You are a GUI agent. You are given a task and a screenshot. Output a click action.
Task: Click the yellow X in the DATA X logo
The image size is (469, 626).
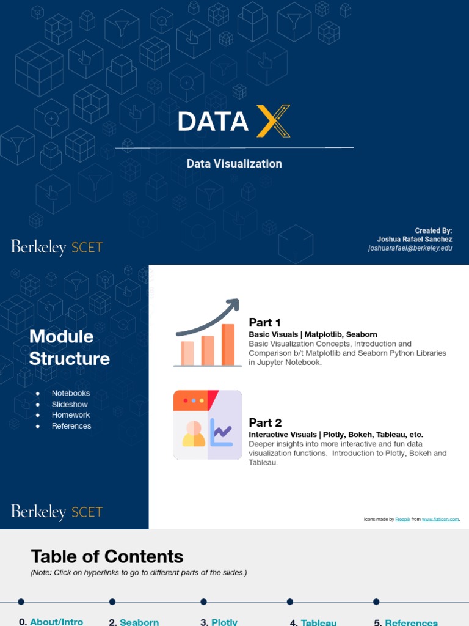(x=273, y=121)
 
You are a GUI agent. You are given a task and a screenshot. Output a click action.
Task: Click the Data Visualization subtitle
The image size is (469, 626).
(x=234, y=164)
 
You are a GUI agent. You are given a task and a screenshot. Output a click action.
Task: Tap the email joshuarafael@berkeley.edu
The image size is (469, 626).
(x=410, y=249)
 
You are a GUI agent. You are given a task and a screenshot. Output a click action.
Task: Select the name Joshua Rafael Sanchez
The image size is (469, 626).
(x=415, y=240)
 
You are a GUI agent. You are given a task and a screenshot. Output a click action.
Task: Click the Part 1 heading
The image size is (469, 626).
(x=264, y=323)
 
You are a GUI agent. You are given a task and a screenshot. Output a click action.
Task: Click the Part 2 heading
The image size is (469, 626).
(x=265, y=422)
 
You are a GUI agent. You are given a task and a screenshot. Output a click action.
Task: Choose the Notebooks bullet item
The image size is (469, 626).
(x=71, y=393)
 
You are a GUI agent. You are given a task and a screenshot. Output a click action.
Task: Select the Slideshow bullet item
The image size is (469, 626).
(x=70, y=404)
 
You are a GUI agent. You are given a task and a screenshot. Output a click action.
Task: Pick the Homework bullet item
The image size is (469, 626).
(x=71, y=415)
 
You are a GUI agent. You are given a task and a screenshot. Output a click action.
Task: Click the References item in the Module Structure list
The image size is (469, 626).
(x=71, y=426)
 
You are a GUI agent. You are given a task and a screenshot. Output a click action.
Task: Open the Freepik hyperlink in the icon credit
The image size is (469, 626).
(x=402, y=520)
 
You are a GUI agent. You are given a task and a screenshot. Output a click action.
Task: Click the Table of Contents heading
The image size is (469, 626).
(x=107, y=556)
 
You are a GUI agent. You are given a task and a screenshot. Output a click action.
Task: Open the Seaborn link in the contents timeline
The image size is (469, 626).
(x=139, y=622)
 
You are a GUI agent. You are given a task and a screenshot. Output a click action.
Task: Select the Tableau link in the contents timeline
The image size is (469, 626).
(x=319, y=622)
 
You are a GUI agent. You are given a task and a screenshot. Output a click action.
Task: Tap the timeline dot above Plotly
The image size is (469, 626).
(x=204, y=602)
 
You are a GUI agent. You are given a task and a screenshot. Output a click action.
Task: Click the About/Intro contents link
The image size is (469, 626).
(x=56, y=622)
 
